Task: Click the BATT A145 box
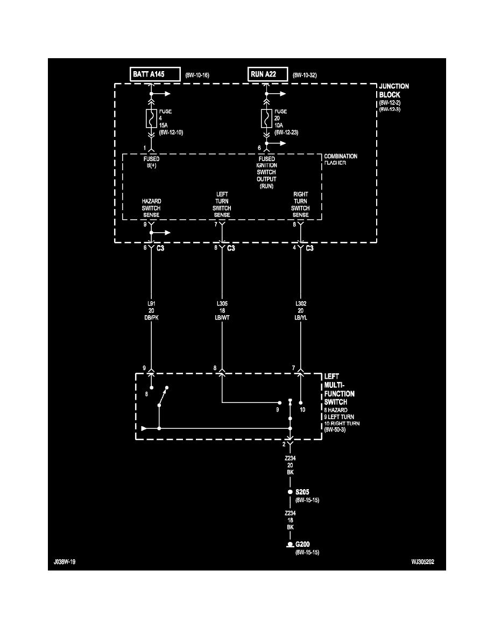pos(155,74)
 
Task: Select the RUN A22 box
pos(268,74)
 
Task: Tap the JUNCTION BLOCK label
pos(394,91)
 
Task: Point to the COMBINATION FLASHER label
pos(340,159)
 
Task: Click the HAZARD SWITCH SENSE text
pos(151,208)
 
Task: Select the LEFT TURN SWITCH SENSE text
pos(222,205)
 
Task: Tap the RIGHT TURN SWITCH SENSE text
pos(300,205)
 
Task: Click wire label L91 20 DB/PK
pos(151,311)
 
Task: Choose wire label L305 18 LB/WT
pos(222,311)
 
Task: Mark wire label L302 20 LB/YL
pos(301,311)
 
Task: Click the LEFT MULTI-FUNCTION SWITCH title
pos(340,389)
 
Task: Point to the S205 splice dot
pos(290,492)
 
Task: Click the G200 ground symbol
pos(290,546)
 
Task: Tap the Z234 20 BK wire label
pos(290,464)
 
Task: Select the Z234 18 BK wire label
pos(290,520)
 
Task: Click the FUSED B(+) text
pos(151,163)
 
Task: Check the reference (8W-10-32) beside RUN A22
pos(305,75)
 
